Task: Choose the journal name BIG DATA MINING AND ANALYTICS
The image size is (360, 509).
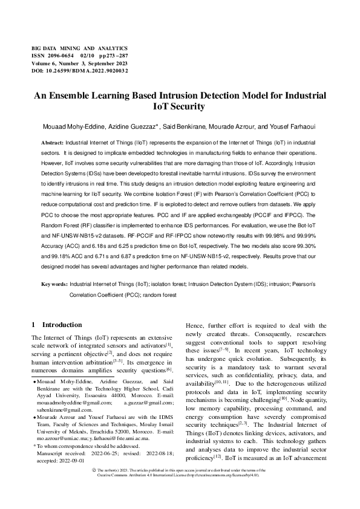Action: pyautogui.click(x=79, y=47)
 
